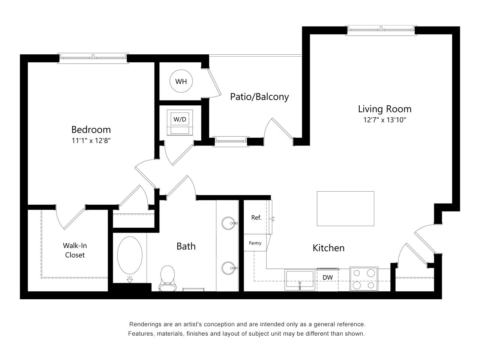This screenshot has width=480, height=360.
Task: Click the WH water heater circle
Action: pyautogui.click(x=181, y=81)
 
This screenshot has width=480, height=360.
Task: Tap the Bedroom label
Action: pyautogui.click(x=91, y=130)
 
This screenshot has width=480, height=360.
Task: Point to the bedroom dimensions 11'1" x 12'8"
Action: pyautogui.click(x=91, y=141)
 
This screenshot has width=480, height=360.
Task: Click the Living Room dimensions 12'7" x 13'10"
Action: pyautogui.click(x=385, y=120)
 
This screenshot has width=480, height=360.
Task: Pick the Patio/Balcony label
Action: pyautogui.click(x=259, y=97)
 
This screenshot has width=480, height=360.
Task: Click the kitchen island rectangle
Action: pyautogui.click(x=345, y=208)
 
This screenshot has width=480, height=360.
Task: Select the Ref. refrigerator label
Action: pyautogui.click(x=256, y=217)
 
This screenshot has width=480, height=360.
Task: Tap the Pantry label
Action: pyautogui.click(x=255, y=243)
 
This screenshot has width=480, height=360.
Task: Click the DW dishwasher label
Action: pyautogui.click(x=328, y=277)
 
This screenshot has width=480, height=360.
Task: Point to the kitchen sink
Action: pyautogui.click(x=299, y=280)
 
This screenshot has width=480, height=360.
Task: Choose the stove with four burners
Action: pyautogui.click(x=364, y=279)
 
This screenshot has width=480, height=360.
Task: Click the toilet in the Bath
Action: pyautogui.click(x=167, y=277)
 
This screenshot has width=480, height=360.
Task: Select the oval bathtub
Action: pyautogui.click(x=130, y=256)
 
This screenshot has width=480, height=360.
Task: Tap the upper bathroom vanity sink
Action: pyautogui.click(x=228, y=223)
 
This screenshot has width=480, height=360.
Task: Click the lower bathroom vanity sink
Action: pyautogui.click(x=228, y=268)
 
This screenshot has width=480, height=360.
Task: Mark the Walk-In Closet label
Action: pyautogui.click(x=75, y=250)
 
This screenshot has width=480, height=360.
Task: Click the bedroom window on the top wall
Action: pyautogui.click(x=93, y=57)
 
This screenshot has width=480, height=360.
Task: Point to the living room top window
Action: pyautogui.click(x=381, y=30)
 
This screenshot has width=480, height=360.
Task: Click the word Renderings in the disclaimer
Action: pyautogui.click(x=144, y=324)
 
